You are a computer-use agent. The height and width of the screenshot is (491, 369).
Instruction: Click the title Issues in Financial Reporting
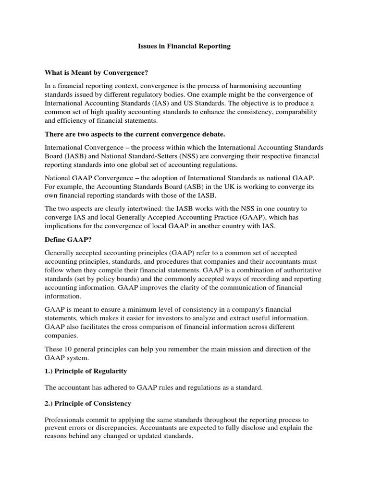pyautogui.click(x=182, y=47)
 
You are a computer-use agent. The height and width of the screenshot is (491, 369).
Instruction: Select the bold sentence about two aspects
pyautogui.click(x=132, y=133)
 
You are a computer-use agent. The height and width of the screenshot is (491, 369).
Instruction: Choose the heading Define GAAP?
pyautogui.click(x=66, y=239)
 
